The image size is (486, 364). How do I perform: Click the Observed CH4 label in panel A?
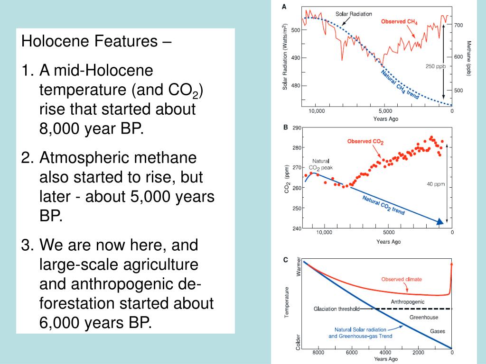point(399,22)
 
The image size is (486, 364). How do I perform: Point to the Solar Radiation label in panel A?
point(354,14)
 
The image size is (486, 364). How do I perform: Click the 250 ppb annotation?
point(435,66)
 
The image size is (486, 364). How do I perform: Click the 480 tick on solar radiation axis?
point(295,86)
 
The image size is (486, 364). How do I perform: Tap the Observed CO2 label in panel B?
point(365,141)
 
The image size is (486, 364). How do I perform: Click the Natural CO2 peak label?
point(321,164)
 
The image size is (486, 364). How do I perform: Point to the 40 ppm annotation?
point(436,184)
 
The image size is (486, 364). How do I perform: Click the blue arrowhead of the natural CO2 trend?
point(440,221)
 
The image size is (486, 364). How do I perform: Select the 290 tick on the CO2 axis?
point(297,127)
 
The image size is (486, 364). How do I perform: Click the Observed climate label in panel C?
point(402,279)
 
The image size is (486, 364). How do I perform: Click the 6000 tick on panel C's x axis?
point(352,353)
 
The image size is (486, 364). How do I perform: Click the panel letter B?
point(285,127)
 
